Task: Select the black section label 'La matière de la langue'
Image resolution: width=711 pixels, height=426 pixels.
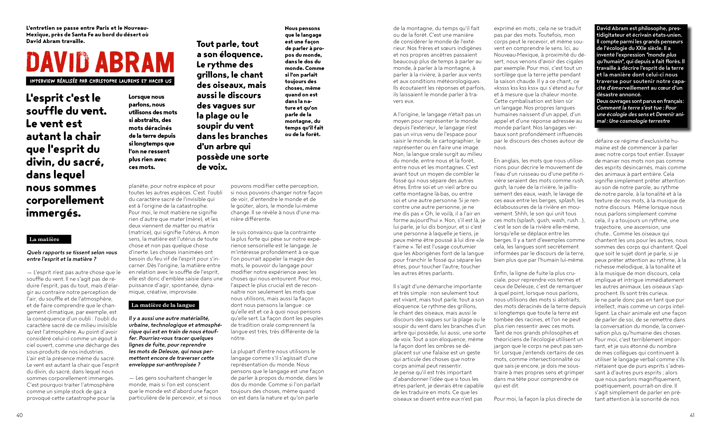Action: pos(163,305)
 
